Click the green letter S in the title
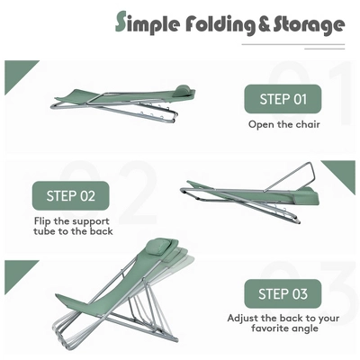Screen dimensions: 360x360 [x=121, y=22]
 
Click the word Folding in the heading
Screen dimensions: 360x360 [x=220, y=24]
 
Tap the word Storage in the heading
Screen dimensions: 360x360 [x=309, y=25]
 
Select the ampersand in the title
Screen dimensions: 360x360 [x=265, y=24]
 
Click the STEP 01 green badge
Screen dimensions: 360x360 [x=283, y=99]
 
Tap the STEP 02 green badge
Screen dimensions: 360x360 [x=71, y=195]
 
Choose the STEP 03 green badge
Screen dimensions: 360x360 [x=283, y=293]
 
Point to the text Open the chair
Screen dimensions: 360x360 [x=284, y=124]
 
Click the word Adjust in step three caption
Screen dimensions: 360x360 [x=243, y=318]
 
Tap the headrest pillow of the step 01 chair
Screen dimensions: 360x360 [x=184, y=90]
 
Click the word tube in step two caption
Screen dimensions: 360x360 [x=43, y=231]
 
